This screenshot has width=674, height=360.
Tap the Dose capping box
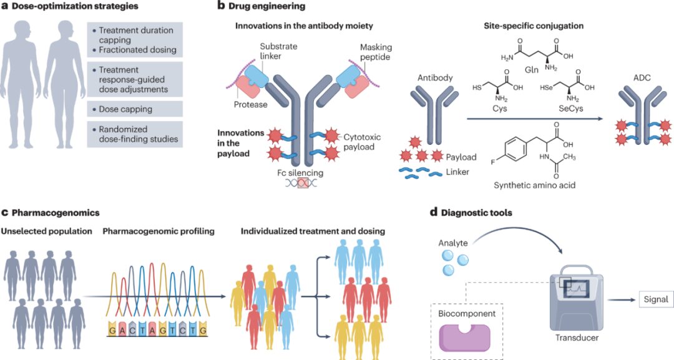click(135, 109)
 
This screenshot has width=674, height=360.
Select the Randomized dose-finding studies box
click(135, 135)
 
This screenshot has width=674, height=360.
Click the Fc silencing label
click(300, 173)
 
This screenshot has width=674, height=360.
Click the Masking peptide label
click(376, 52)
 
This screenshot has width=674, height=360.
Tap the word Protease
click(251, 105)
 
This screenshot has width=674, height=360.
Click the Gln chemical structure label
click(532, 70)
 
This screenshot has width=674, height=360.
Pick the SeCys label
click(570, 109)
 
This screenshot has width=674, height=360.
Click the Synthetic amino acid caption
click(534, 185)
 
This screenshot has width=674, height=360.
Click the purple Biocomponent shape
click(464, 338)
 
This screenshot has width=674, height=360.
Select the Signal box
click(656, 299)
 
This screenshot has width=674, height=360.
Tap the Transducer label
click(577, 338)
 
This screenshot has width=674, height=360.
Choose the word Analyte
click(453, 243)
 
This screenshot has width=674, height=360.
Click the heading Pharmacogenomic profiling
click(159, 231)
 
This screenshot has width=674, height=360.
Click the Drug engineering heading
click(261, 6)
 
